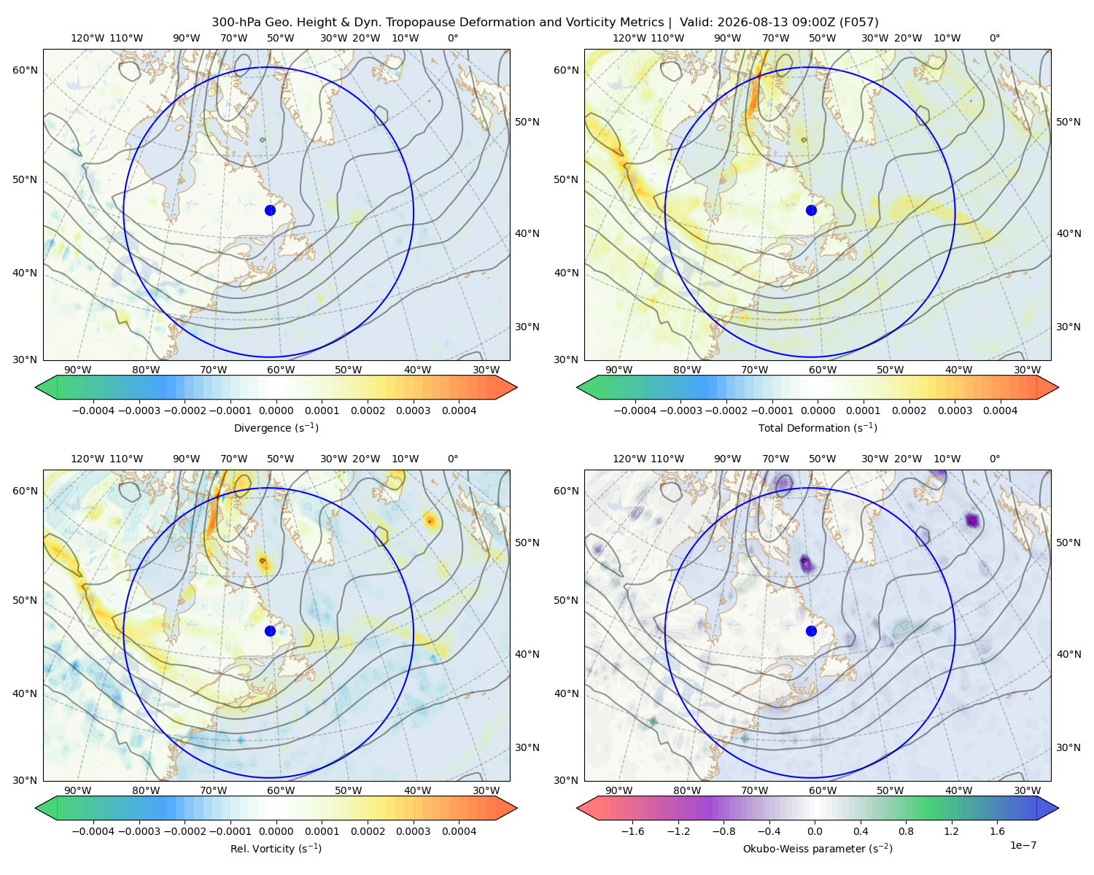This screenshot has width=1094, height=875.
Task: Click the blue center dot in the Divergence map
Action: (x=270, y=210)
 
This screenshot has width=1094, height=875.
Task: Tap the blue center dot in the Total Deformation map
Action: (x=811, y=210)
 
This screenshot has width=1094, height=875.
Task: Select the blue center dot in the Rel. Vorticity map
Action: (x=270, y=631)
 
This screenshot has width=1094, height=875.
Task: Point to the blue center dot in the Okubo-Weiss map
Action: (x=811, y=631)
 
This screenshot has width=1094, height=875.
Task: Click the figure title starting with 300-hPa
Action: (x=545, y=23)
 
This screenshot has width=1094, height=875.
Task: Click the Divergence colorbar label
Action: (x=276, y=427)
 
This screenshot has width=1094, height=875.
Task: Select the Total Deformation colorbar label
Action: (x=818, y=427)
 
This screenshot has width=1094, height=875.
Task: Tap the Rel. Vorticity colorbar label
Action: (x=276, y=848)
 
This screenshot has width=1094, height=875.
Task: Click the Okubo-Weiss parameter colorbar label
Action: (x=818, y=848)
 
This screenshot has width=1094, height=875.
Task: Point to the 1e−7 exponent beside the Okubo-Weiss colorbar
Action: (x=1023, y=845)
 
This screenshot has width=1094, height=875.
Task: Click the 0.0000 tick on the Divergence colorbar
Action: (x=276, y=411)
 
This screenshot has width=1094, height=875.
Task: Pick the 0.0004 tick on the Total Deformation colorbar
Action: (x=1000, y=411)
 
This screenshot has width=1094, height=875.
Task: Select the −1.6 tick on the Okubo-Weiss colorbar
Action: (x=632, y=831)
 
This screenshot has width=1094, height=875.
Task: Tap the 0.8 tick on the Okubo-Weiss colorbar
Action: (x=906, y=831)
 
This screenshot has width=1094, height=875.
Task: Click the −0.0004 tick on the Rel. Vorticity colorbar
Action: (x=93, y=831)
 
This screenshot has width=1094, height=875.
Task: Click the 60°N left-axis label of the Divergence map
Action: (x=25, y=70)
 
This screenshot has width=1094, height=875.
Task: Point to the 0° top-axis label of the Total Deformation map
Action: (x=994, y=38)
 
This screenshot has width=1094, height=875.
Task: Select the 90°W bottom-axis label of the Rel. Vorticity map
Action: (x=78, y=790)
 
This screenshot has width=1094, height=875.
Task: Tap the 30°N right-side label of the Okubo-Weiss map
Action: (x=1068, y=747)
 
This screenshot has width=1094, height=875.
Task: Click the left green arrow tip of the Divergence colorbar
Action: (x=36, y=387)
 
